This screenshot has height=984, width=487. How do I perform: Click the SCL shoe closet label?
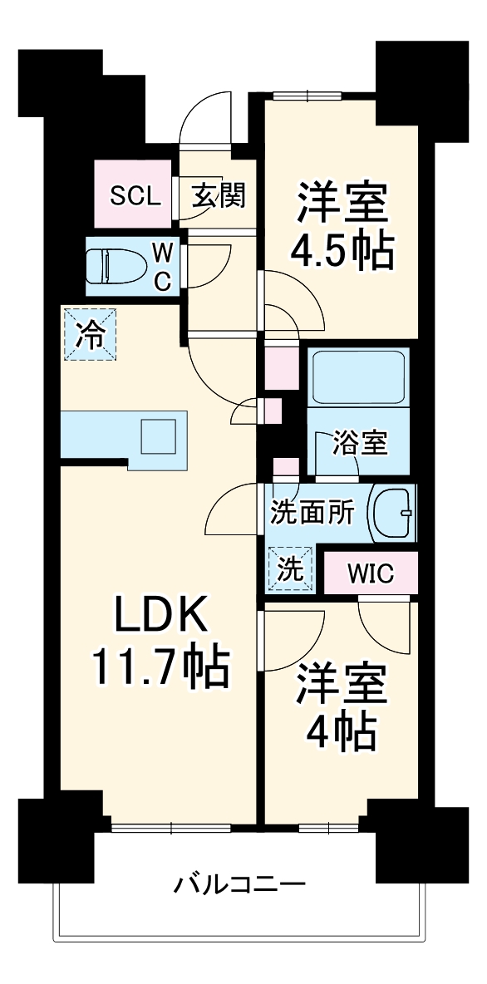(x=134, y=196)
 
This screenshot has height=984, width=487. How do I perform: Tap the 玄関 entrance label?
(x=219, y=196)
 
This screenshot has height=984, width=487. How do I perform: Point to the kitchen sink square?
(x=158, y=435)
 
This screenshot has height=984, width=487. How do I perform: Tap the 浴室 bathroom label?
(x=360, y=444)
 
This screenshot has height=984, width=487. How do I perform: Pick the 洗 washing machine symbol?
(x=291, y=568)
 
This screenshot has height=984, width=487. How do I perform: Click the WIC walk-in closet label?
(x=370, y=573)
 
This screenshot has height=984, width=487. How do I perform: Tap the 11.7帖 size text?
(x=160, y=667)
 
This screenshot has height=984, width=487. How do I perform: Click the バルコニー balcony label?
(x=239, y=883)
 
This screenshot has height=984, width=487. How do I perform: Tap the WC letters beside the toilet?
(x=164, y=265)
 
